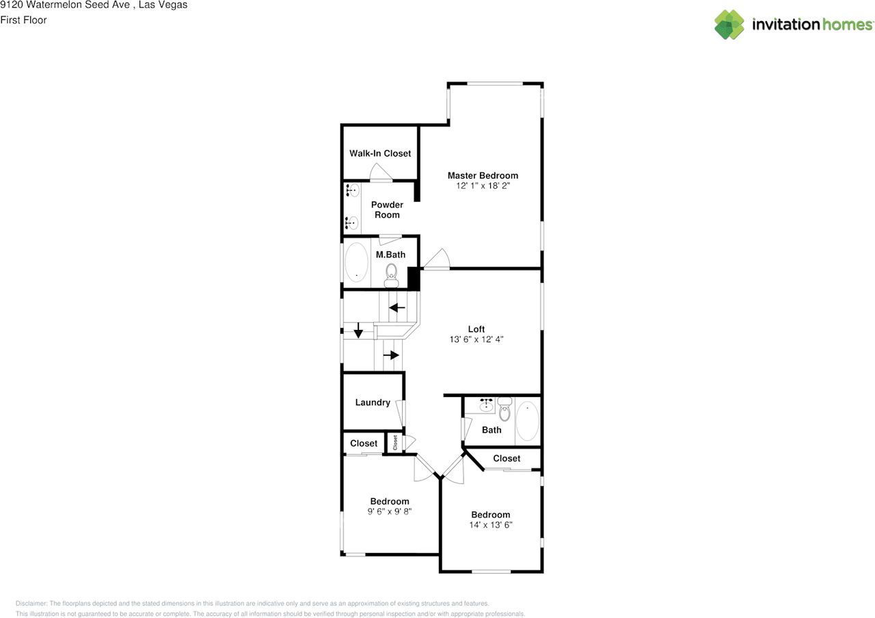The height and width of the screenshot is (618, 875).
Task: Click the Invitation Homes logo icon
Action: coord(729,25)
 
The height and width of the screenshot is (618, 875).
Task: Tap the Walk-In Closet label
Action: coord(380,153)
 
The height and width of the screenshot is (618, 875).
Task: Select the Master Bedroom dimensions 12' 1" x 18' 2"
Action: coord(483,185)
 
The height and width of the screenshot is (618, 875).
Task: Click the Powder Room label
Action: coord(387,209)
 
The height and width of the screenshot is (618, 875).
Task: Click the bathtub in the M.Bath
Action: coord(356,262)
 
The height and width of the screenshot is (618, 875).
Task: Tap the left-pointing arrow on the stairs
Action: coord(396,307)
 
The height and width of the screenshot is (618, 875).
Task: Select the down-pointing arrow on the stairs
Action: coord(358,333)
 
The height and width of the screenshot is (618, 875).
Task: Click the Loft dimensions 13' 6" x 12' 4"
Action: coord(476,339)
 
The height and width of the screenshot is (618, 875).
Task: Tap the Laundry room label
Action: coord(373,402)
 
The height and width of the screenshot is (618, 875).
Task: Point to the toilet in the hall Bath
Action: coord(504,411)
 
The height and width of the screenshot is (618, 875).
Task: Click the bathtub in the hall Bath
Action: coord(527,422)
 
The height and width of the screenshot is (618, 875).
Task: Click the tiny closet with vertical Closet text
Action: coord(394,443)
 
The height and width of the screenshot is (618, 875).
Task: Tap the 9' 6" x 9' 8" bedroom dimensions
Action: coord(390,511)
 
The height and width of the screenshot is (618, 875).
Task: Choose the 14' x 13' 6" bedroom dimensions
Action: coord(490,525)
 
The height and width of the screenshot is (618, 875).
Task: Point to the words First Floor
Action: coord(23,20)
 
